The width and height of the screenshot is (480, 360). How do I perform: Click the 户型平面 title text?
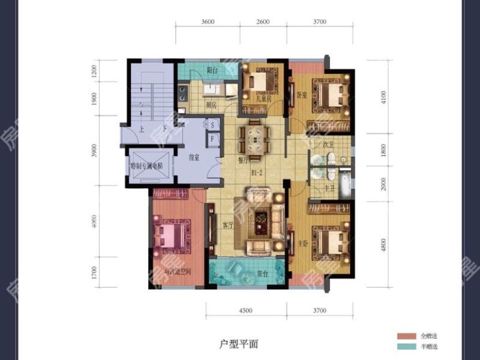(x=238, y=344)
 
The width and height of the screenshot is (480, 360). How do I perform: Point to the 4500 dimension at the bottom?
(x=246, y=310)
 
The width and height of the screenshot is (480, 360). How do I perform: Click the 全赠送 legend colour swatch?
(x=406, y=335)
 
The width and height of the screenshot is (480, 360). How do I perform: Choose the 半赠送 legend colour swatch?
(x=406, y=347)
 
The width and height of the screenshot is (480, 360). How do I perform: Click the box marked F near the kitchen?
(x=212, y=139)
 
